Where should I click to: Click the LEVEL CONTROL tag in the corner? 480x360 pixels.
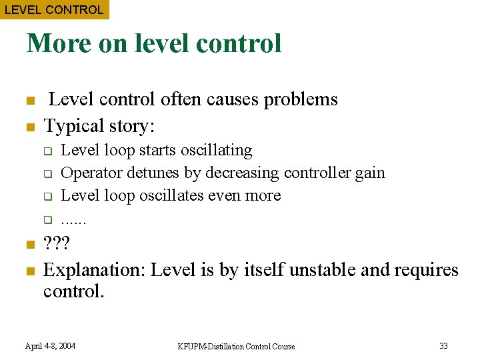(x=54, y=9)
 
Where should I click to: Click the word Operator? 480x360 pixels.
(x=87, y=173)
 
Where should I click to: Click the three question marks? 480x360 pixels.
(x=57, y=245)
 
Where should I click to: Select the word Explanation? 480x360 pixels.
(x=95, y=270)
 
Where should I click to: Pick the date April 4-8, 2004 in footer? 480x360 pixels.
(x=50, y=345)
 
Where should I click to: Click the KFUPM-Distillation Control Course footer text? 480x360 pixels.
(x=237, y=346)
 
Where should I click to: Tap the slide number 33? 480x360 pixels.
(x=443, y=345)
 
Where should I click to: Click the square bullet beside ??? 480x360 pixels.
(x=29, y=245)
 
